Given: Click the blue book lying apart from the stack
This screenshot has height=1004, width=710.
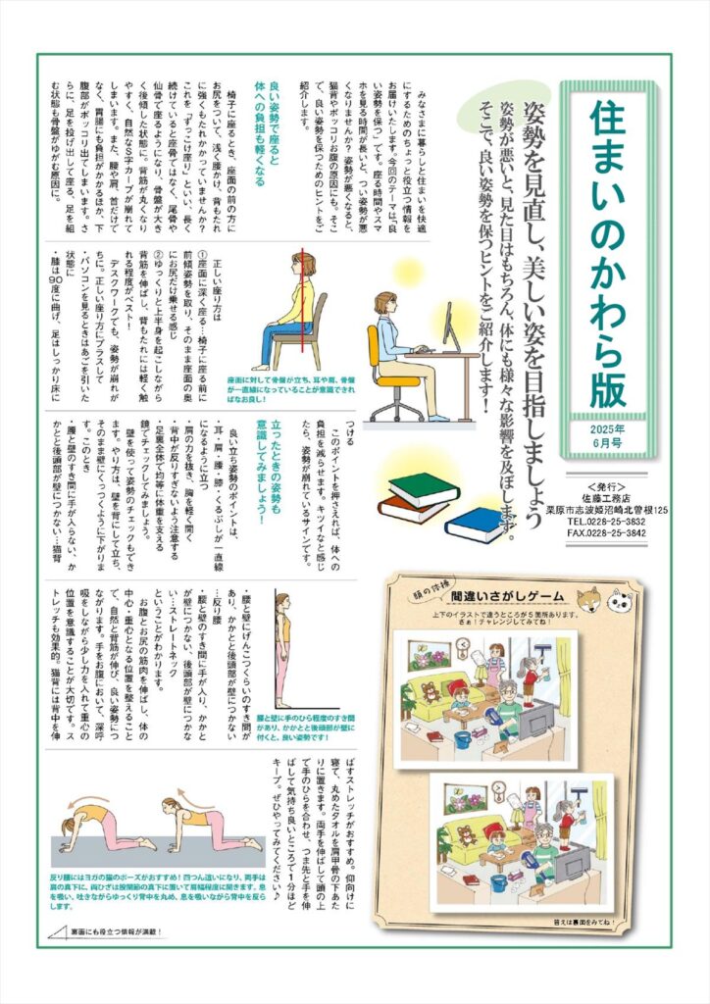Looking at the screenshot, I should click(x=476, y=525).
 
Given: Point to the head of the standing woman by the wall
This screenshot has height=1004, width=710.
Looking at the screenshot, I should click(x=282, y=600).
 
